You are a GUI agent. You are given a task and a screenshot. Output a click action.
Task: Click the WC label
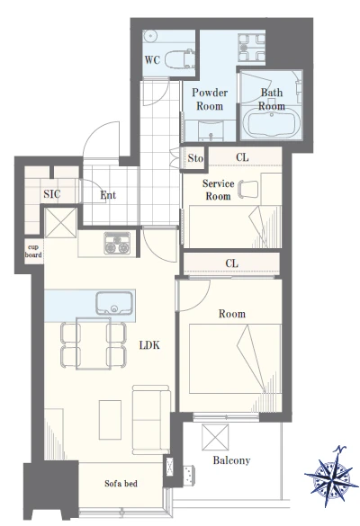click(152, 60)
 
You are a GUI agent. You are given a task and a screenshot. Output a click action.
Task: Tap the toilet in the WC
click(180, 58)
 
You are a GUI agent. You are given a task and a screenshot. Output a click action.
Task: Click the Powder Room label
click(210, 99)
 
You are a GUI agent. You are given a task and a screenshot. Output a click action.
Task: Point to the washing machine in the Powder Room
click(251, 47)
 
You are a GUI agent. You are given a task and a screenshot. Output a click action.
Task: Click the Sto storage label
click(195, 158)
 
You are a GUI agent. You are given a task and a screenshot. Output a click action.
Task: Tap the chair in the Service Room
click(248, 189)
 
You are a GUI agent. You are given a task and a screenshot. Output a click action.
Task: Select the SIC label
click(52, 194)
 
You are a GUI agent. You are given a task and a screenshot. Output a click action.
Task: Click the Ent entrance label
click(108, 195)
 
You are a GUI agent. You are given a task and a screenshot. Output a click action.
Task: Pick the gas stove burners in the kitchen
click(117, 243)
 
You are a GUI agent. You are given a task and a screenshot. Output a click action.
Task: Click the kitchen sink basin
click(114, 303)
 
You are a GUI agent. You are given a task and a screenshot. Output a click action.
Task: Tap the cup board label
click(33, 251)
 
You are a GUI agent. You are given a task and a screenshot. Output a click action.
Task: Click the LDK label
click(149, 345)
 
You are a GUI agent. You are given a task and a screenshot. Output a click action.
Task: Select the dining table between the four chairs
click(94, 343)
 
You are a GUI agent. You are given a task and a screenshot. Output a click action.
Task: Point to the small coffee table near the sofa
click(110, 420)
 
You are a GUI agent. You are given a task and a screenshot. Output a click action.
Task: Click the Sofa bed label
click(121, 484)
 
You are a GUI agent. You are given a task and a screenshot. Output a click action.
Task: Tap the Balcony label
click(231, 460)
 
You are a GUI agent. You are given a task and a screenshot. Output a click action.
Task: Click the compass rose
click(332, 476)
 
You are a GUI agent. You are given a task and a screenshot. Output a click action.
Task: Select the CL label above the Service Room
click(242, 157)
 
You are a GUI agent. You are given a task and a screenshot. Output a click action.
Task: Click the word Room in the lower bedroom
click(232, 314)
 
